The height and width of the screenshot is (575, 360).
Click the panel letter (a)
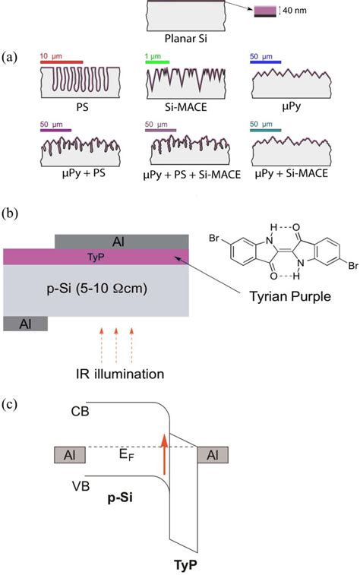[11, 57]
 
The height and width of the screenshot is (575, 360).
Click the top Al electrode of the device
[122, 242]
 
